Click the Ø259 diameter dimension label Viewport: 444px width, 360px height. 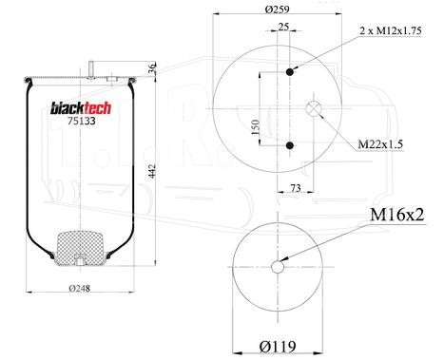pos(278,9)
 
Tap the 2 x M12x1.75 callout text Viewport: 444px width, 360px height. pos(391,30)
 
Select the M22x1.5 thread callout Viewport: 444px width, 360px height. pos(380,144)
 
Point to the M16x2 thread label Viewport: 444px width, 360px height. pos(397,215)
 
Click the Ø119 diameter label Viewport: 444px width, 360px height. pos(278,347)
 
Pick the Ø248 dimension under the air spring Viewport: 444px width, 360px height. pos(79,288)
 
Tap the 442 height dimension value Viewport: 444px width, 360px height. pos(152,171)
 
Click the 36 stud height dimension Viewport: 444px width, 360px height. pos(152,68)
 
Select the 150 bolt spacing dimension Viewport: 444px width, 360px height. pos(256,127)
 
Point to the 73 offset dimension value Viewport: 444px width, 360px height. pos(296,188)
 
